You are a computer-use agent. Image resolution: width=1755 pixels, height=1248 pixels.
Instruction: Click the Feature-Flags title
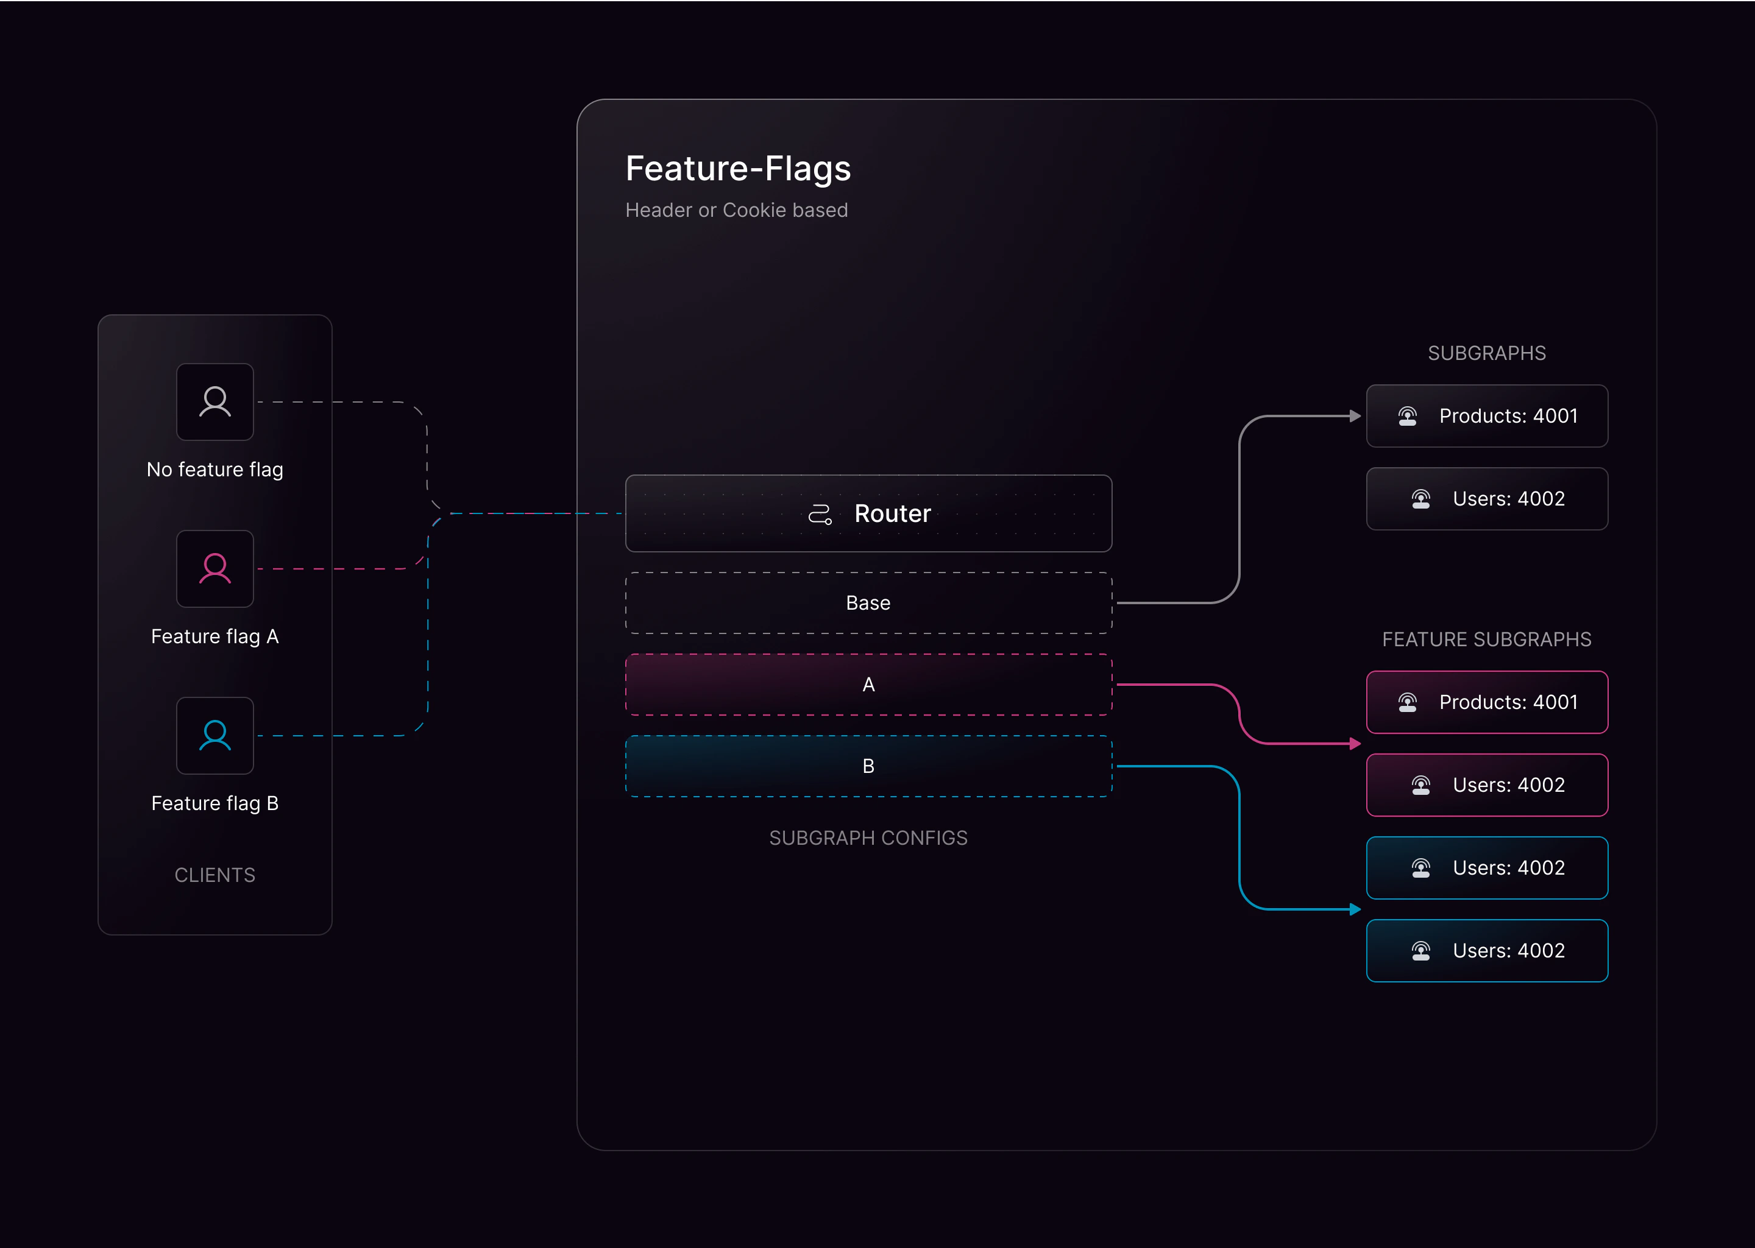coord(738,168)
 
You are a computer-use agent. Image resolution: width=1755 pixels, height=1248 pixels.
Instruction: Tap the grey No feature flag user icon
coord(215,402)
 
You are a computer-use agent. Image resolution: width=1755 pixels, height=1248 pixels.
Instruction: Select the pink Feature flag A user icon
coord(215,569)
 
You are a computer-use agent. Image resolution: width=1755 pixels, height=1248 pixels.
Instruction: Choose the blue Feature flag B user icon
coord(215,735)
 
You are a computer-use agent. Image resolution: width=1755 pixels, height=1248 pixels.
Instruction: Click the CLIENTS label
coord(215,875)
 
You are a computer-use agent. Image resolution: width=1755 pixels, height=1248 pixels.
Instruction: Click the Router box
coord(868,513)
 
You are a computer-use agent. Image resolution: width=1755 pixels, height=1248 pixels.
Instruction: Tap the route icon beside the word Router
coord(820,514)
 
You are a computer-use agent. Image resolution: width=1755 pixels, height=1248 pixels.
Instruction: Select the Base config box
coord(868,603)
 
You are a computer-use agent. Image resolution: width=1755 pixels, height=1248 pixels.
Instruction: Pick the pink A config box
coord(868,685)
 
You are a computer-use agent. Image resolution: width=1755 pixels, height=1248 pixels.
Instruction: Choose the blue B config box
coord(868,766)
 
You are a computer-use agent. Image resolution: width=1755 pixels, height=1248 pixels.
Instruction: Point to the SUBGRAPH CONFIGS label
coord(868,837)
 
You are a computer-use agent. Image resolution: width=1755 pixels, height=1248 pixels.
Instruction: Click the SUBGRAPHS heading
coord(1487,353)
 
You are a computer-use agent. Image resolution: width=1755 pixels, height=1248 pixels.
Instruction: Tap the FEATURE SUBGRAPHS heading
coord(1487,640)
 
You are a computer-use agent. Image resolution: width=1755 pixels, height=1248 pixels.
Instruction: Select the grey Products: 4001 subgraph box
coord(1487,416)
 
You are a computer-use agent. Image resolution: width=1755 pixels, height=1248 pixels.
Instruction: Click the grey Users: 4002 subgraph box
coord(1487,499)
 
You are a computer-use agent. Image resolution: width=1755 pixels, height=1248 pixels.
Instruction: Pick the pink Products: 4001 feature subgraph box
coord(1487,702)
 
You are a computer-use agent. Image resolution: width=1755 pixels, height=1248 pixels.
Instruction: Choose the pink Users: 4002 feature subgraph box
coord(1487,785)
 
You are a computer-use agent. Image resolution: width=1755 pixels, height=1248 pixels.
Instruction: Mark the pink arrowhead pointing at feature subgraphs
coord(1355,744)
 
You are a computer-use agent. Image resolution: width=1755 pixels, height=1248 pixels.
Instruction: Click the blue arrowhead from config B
coord(1355,910)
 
